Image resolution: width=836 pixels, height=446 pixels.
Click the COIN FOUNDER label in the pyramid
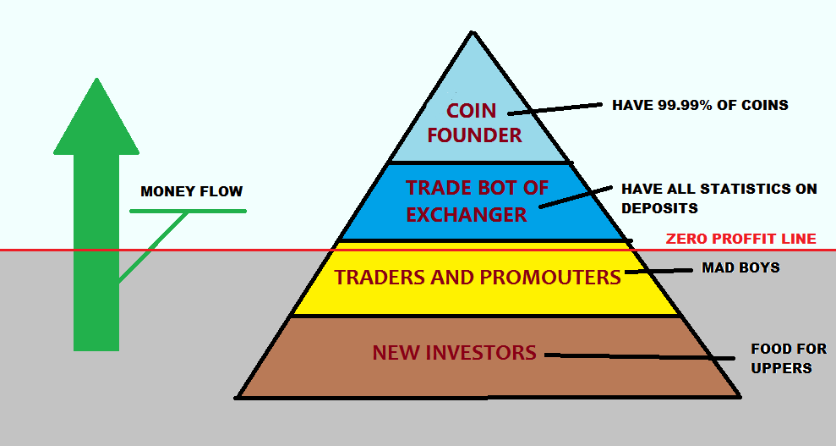[x=474, y=123]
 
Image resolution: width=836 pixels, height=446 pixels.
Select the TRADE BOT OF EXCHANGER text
[x=477, y=201]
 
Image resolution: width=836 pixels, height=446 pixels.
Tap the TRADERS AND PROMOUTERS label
[x=478, y=278]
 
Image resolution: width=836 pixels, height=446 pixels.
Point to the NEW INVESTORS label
[x=454, y=353]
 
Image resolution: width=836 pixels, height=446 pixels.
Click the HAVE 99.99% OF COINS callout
[x=700, y=105]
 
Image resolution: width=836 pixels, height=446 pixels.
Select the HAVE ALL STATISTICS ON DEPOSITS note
[x=719, y=198]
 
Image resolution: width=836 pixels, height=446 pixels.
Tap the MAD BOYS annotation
[x=740, y=267]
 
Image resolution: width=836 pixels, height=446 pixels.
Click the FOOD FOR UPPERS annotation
[x=789, y=358]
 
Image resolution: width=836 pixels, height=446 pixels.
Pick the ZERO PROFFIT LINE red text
[x=741, y=239]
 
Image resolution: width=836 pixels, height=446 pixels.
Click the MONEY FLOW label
[x=191, y=191]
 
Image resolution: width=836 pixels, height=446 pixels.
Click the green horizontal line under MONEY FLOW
[x=189, y=212]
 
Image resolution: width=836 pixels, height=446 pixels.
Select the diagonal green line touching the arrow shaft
[x=153, y=247]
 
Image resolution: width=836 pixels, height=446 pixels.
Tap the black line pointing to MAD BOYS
[x=658, y=271]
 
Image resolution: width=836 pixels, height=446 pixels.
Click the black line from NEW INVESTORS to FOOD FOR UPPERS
[x=640, y=356]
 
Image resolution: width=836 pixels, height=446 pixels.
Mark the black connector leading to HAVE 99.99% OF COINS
[x=555, y=109]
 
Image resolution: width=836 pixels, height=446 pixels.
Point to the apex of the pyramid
[x=472, y=31]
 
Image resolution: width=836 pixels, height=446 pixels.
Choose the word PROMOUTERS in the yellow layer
[x=550, y=278]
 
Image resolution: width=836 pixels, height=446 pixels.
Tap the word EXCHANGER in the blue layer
[x=467, y=214]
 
